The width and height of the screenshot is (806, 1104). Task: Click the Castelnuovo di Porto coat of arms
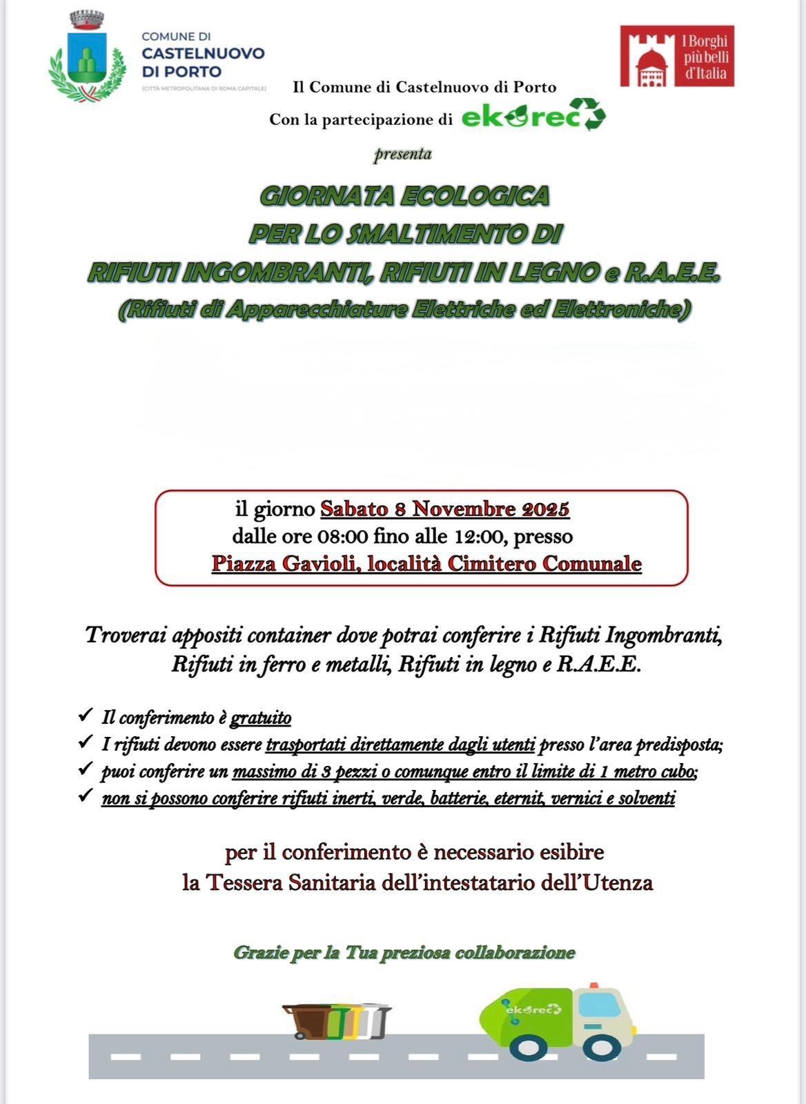click(x=87, y=58)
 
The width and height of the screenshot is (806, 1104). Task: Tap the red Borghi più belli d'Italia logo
click(x=676, y=57)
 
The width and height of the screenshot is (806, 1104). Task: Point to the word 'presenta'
click(x=403, y=154)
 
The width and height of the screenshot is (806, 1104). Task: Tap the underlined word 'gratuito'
click(x=261, y=718)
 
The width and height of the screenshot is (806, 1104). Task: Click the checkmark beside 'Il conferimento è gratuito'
click(x=86, y=716)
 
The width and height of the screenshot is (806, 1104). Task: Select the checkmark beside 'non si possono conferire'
click(x=86, y=796)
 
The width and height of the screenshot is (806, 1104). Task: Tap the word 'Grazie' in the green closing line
click(x=260, y=953)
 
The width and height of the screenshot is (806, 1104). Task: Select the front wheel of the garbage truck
click(x=592, y=1046)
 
